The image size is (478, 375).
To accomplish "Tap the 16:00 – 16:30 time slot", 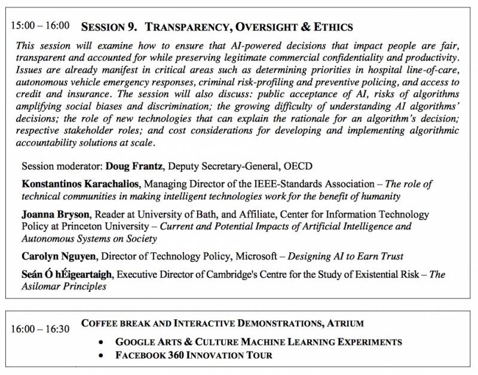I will pos(40,329).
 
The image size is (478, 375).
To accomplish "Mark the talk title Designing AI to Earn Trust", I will pos(345,256).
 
